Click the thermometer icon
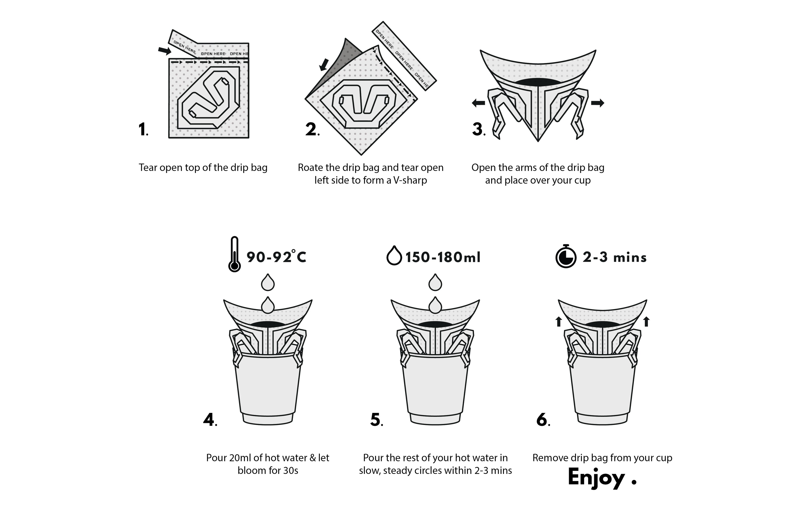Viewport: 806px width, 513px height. tap(235, 254)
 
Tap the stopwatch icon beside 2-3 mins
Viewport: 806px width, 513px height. tap(566, 256)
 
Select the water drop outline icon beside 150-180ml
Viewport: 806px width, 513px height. tap(394, 256)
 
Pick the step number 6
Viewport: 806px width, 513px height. tap(543, 420)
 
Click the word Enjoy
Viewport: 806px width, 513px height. tap(596, 477)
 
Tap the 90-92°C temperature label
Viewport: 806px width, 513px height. tap(277, 257)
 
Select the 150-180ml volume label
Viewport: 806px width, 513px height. tap(443, 257)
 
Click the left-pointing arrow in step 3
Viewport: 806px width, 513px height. tap(478, 103)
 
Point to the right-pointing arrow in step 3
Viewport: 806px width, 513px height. tap(597, 103)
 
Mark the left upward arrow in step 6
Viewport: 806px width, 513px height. tap(558, 322)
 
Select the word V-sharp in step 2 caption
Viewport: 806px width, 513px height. tap(410, 180)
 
